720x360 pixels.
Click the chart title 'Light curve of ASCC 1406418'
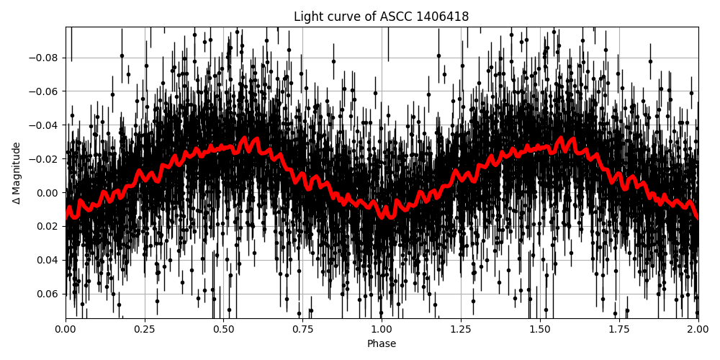pyautogui.click(x=381, y=17)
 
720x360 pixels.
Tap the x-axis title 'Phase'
pyautogui.click(x=381, y=344)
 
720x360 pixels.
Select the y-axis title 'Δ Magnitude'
pyautogui.click(x=16, y=173)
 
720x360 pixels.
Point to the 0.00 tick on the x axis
pyautogui.click(x=66, y=329)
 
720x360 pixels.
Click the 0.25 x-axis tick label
pyautogui.click(x=145, y=329)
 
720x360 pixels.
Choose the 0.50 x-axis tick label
pyautogui.click(x=223, y=329)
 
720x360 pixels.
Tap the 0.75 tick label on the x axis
pyautogui.click(x=302, y=329)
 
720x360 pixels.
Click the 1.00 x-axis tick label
pyautogui.click(x=382, y=329)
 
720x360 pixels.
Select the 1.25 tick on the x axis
pyautogui.click(x=461, y=329)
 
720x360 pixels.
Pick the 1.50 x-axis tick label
pyautogui.click(x=540, y=329)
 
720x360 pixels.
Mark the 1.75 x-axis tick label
pyautogui.click(x=618, y=329)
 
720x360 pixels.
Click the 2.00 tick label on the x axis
pyautogui.click(x=698, y=329)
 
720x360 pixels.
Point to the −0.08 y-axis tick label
pyautogui.click(x=45, y=58)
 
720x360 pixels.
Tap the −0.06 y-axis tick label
pyautogui.click(x=45, y=91)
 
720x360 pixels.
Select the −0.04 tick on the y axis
pyautogui.click(x=45, y=125)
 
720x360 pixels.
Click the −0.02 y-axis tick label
pyautogui.click(x=45, y=158)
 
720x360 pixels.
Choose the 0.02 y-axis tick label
pyautogui.click(x=48, y=226)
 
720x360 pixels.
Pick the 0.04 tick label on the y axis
pyautogui.click(x=48, y=260)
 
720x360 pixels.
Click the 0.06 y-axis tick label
pyautogui.click(x=48, y=294)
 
